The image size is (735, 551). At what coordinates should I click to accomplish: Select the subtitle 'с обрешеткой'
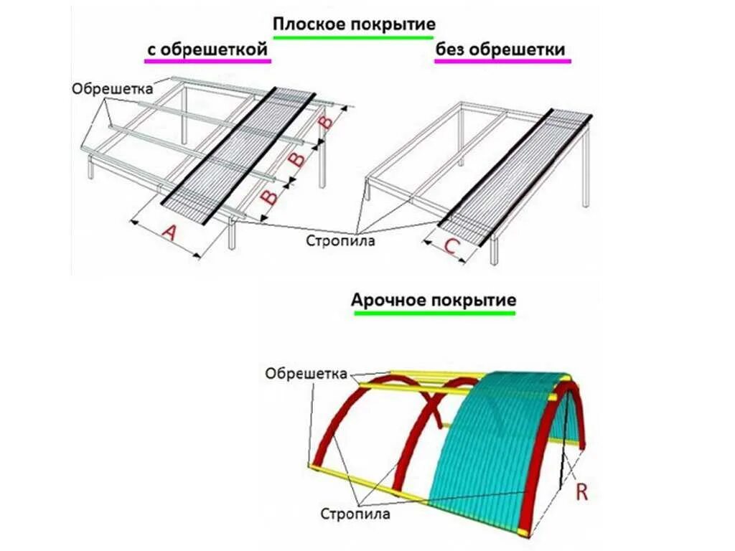click(x=208, y=50)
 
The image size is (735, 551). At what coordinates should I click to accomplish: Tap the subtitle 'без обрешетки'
click(x=500, y=50)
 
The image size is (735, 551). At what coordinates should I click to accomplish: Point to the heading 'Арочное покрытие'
click(x=434, y=300)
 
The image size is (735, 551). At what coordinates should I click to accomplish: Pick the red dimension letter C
click(x=451, y=246)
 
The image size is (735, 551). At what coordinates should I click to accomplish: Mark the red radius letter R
click(x=581, y=492)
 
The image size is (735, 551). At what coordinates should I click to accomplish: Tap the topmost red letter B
click(x=326, y=123)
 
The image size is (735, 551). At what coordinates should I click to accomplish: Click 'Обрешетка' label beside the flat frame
click(x=113, y=89)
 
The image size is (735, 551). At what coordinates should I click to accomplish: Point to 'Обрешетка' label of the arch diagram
click(x=306, y=374)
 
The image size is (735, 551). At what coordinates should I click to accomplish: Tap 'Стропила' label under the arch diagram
click(x=355, y=514)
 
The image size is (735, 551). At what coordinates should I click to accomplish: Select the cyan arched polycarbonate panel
click(x=495, y=445)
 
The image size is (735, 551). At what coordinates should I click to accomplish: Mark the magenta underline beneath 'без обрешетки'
click(x=502, y=62)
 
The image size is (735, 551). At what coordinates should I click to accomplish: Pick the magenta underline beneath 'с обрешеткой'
click(x=208, y=62)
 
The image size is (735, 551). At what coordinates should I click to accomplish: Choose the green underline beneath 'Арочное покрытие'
click(x=434, y=313)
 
